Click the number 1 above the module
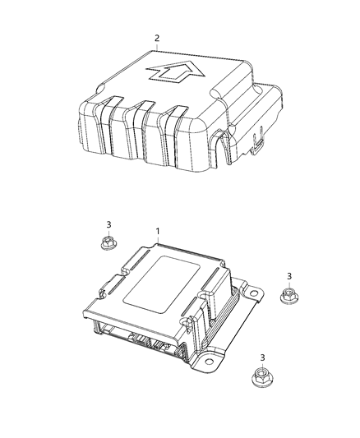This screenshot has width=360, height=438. (x=159, y=233)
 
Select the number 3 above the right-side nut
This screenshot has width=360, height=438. (x=288, y=277)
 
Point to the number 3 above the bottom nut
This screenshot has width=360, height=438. (x=262, y=357)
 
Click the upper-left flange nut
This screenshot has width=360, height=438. (x=107, y=242)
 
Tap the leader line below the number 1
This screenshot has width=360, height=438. (x=159, y=243)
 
